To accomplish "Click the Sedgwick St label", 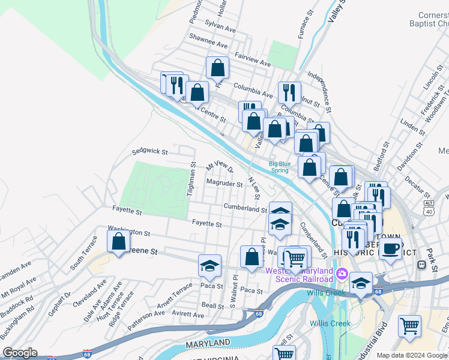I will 149,152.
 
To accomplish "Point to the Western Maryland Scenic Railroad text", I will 299,274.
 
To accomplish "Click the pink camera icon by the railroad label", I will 342,274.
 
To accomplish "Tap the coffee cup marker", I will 391,248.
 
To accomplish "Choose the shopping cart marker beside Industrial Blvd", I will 409,327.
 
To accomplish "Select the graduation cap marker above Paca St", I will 209,265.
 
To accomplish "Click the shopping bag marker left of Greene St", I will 119,242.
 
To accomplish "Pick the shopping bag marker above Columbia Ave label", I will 217,68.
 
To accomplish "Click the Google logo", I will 20,353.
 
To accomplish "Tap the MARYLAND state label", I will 208,343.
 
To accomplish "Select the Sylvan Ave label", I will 220,26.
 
